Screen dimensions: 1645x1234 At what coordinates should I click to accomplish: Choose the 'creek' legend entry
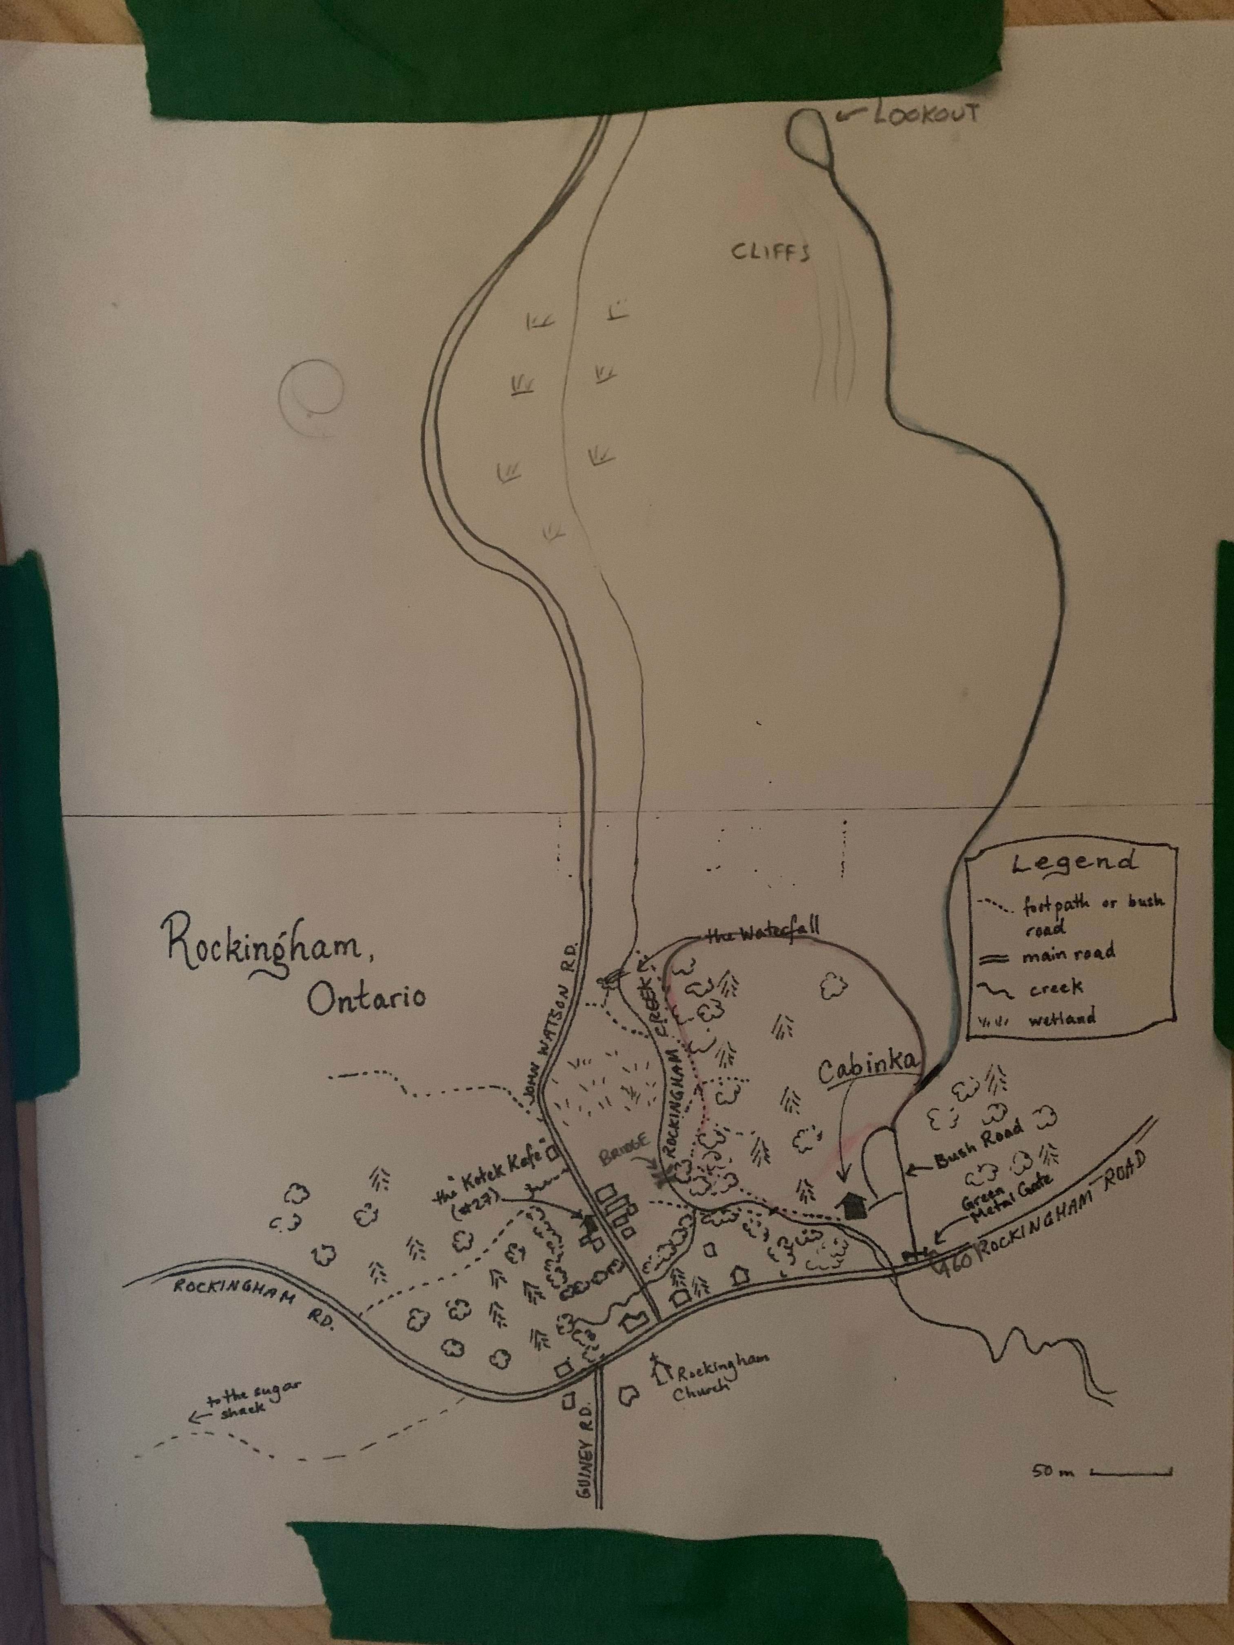tap(1056, 988)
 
